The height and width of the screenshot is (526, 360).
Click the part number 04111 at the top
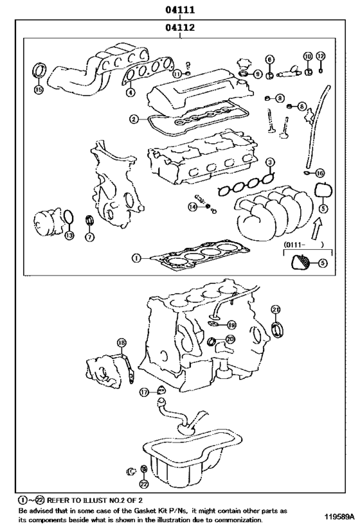coord(179,10)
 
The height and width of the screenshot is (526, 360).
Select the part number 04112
coord(179,27)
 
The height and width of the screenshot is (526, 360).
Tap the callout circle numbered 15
coord(39,89)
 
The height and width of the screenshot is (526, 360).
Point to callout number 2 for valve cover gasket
coord(134,119)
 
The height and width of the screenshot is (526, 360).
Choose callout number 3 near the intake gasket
coord(269,162)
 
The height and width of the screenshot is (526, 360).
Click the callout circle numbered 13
coord(69,236)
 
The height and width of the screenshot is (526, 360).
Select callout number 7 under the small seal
coord(89,237)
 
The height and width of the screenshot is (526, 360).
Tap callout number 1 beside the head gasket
coord(136,258)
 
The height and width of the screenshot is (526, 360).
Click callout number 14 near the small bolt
coord(192,207)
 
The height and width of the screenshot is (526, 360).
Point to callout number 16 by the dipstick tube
coord(319,173)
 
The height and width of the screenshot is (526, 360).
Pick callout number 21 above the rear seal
coord(276,310)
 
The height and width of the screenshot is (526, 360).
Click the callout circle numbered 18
coord(122,342)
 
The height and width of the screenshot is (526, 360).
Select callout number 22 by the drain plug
coord(143,484)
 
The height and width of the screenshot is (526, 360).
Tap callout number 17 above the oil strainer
coord(144,392)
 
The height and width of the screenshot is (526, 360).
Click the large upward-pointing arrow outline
coord(316,229)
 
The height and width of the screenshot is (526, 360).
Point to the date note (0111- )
coord(303,245)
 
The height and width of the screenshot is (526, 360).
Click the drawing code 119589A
coord(339,516)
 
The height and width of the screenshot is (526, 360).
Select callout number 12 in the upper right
coord(321,56)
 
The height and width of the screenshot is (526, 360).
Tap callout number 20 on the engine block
coord(230,340)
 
